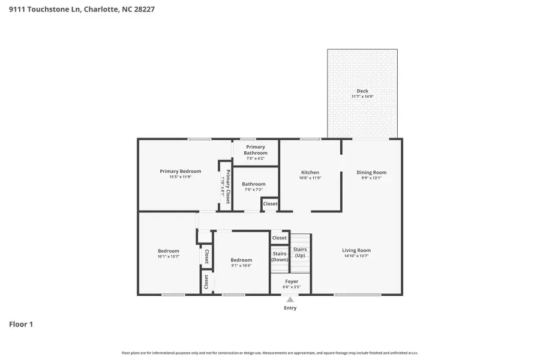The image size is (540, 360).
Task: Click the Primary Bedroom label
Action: [x=180, y=171]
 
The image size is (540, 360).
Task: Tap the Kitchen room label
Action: [x=310, y=172]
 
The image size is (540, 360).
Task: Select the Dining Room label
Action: [x=373, y=172]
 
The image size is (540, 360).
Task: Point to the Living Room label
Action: [x=356, y=250]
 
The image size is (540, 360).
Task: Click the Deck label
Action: [x=362, y=91]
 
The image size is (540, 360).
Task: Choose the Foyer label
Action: [x=291, y=281]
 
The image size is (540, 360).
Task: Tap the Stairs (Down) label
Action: [x=280, y=256]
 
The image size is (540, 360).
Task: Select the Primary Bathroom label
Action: [x=256, y=150]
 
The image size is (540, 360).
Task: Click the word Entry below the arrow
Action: [x=290, y=308]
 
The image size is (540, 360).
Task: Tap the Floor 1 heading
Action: [x=21, y=324]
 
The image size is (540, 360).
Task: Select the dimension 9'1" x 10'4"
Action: [x=241, y=265]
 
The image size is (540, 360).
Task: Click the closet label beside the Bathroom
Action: [x=270, y=204]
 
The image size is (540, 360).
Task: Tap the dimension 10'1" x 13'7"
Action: [x=169, y=257]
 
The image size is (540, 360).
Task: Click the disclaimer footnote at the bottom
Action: [x=270, y=353]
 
